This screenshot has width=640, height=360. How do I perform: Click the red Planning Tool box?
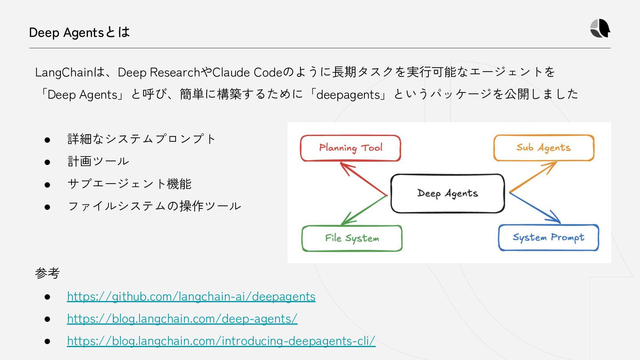click(350, 148)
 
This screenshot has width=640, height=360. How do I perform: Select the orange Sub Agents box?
click(543, 148)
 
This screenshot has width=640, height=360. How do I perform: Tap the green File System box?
click(352, 238)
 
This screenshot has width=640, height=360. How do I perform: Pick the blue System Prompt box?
click(548, 237)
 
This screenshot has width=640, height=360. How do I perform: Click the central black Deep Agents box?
click(448, 193)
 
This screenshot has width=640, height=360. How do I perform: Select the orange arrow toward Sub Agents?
click(533, 177)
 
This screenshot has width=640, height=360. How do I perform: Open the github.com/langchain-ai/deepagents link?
click(191, 296)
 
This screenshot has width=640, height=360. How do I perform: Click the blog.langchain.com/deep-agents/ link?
click(182, 319)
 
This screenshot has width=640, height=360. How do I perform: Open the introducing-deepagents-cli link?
click(221, 341)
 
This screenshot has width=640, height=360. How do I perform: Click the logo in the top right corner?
click(600, 29)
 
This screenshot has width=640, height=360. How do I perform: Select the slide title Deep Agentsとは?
click(79, 32)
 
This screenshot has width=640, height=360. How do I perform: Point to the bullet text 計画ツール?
click(98, 161)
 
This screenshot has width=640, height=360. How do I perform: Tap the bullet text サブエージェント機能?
click(129, 184)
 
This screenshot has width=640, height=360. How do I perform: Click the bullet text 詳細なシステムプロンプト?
click(141, 139)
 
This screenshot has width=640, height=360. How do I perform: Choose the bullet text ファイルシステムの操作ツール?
click(154, 206)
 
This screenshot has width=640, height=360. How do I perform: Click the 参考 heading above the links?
click(47, 273)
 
